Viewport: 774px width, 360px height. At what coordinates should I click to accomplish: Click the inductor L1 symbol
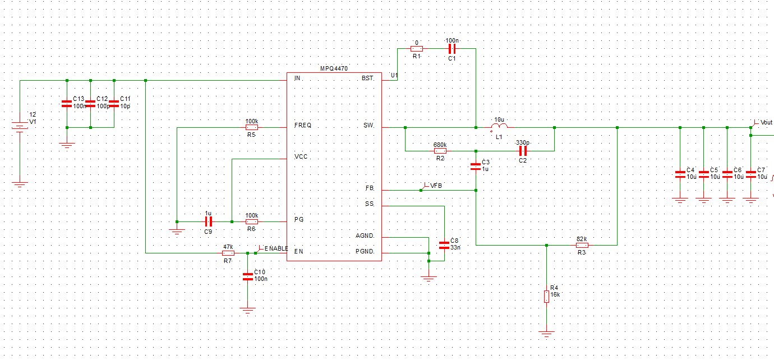[499, 127]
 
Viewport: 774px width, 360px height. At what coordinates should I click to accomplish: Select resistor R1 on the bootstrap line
[417, 49]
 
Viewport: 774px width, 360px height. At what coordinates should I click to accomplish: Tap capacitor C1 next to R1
[451, 49]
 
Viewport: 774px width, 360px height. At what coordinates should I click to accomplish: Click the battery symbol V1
[20, 126]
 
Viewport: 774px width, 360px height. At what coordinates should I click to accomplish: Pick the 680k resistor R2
[440, 151]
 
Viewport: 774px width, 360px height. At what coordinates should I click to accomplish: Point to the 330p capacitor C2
[523, 151]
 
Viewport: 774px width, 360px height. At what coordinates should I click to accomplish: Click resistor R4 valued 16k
[546, 296]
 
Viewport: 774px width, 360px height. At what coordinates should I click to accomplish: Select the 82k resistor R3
[582, 245]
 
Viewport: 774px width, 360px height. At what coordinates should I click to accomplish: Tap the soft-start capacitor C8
[444, 245]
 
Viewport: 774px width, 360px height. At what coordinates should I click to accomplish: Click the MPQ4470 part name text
[334, 68]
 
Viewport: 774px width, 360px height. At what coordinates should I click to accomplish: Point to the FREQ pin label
[302, 125]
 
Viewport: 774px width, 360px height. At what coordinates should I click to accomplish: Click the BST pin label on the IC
[367, 79]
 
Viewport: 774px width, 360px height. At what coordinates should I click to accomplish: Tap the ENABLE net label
[275, 248]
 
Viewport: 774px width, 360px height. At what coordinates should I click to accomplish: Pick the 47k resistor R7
[228, 253]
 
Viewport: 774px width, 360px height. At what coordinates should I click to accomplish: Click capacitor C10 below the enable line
[247, 276]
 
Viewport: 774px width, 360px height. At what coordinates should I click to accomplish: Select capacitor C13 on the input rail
[66, 104]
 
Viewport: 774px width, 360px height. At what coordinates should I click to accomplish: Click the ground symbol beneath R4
[546, 334]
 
